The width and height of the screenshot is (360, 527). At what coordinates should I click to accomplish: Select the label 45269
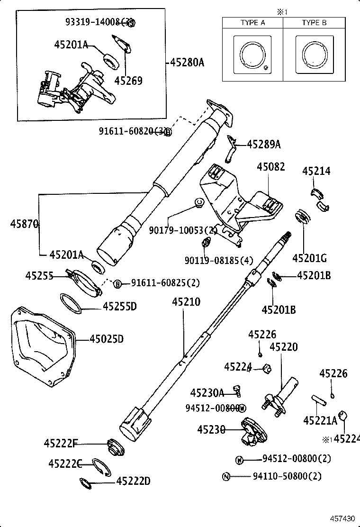pos(128,81)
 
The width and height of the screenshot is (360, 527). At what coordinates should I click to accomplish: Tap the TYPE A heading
pos(252,23)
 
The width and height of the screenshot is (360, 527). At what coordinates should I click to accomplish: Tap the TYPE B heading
pos(314,23)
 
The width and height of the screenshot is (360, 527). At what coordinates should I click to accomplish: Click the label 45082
pos(271,167)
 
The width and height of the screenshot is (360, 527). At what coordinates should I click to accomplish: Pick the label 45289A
pos(264,144)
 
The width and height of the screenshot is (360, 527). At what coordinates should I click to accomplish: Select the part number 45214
pos(316,172)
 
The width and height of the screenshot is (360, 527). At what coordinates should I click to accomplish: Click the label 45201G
pos(310,258)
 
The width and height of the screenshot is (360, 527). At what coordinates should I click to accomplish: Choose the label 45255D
pos(119,307)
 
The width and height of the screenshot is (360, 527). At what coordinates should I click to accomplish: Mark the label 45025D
pos(107,339)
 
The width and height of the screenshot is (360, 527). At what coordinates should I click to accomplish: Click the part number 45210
pos(186,302)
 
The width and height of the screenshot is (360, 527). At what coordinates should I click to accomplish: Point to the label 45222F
pos(60,444)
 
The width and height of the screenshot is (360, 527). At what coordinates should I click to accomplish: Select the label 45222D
pos(133,482)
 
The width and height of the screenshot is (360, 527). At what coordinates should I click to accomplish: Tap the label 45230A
pos(207,393)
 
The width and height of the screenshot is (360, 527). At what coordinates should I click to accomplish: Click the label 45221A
pos(320,420)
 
